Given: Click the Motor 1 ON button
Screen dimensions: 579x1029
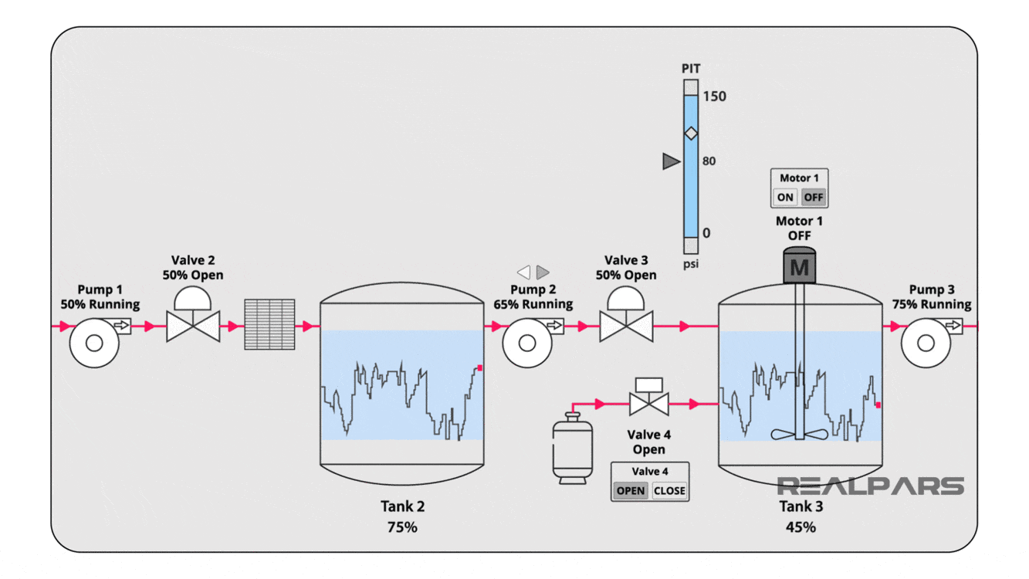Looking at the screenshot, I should coord(784,198).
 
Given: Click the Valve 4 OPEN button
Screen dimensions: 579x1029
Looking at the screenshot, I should coord(631,491).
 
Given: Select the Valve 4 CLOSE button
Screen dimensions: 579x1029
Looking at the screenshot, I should coord(669,491).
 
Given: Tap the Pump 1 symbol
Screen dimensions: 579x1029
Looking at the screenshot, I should coord(94,342).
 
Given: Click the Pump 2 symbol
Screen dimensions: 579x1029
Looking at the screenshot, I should coord(527,342).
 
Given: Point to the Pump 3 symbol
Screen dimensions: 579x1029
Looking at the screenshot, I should coord(926,342).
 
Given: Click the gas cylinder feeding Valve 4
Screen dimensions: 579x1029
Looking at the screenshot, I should coord(572,449).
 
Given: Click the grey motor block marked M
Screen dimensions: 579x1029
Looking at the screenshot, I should coord(800,267).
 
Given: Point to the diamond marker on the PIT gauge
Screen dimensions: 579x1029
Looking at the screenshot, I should coord(691,134).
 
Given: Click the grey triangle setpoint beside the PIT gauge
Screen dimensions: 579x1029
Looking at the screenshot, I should coord(671,161).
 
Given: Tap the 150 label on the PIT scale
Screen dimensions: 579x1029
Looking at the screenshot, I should coord(714,96).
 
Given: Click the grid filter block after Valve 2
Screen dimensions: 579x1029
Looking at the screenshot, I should coord(269,324).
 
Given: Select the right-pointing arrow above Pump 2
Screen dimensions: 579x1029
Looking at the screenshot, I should coord(543,272).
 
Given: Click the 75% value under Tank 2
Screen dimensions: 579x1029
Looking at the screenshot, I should coord(402,527).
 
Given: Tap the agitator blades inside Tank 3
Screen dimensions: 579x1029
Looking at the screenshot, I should coord(800,434).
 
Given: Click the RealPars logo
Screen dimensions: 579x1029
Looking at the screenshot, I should coord(870,486).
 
